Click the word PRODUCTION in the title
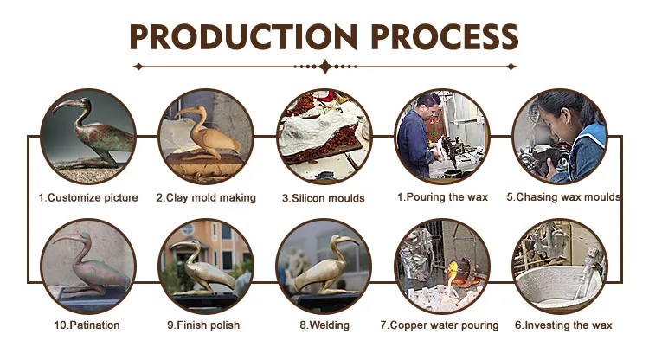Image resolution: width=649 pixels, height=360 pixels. (x=243, y=37)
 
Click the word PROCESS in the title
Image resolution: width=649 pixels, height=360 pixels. (x=444, y=37)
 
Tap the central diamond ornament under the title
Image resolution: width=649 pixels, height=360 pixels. (x=325, y=67)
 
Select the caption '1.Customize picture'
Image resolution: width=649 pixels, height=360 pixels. (x=88, y=198)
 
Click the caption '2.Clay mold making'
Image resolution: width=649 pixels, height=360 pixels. (x=206, y=198)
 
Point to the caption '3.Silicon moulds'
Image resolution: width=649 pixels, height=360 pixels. (x=324, y=198)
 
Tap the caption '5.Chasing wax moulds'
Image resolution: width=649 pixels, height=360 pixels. (x=563, y=197)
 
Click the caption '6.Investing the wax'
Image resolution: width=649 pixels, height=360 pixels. (x=563, y=325)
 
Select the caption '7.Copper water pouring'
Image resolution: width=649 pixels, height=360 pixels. (x=440, y=325)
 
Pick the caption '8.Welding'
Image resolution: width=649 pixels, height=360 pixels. (x=324, y=325)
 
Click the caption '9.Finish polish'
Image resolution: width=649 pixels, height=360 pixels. (x=203, y=325)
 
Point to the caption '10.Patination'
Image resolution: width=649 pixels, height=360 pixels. (x=87, y=325)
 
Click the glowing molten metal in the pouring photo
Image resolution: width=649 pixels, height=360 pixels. (x=453, y=268)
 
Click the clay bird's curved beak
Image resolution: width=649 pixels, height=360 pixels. (x=185, y=111)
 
